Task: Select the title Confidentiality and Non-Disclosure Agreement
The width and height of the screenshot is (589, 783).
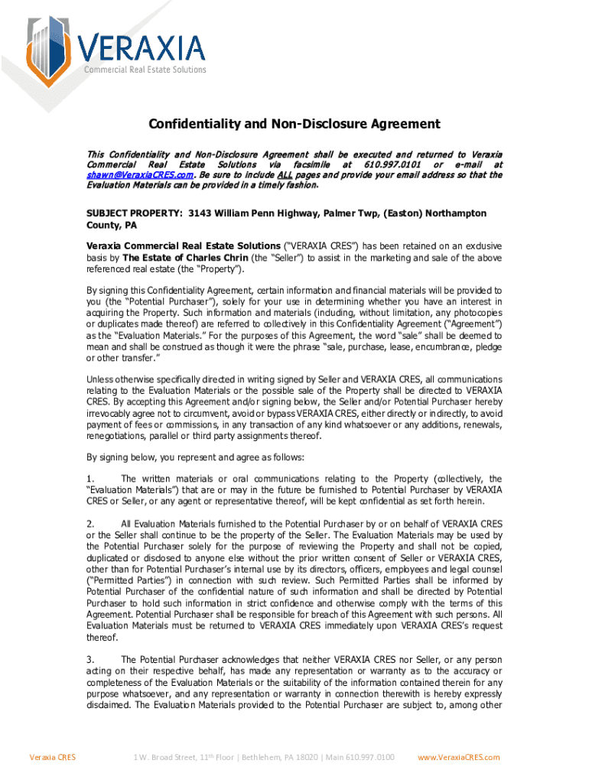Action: click(x=294, y=124)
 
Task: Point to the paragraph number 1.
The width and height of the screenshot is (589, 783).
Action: click(x=90, y=479)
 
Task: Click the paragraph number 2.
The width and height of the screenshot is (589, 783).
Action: click(x=90, y=524)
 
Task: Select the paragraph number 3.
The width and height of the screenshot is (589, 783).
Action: click(x=90, y=659)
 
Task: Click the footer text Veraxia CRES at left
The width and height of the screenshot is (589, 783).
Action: click(x=52, y=757)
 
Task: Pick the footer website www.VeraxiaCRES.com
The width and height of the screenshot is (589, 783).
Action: click(x=458, y=757)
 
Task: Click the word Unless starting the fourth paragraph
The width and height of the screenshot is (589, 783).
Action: click(x=99, y=379)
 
